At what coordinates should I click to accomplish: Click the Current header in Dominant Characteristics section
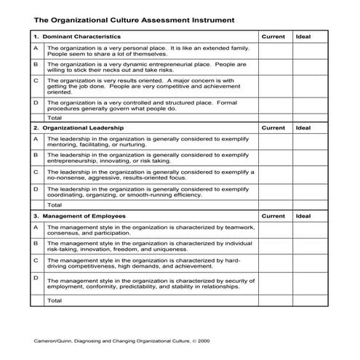pyautogui.click(x=273, y=36)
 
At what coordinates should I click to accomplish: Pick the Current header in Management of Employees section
pyautogui.click(x=273, y=216)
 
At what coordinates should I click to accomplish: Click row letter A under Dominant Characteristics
pyautogui.click(x=36, y=48)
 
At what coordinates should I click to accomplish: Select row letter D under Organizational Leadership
pyautogui.click(x=36, y=188)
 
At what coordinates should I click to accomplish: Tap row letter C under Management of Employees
pyautogui.click(x=36, y=258)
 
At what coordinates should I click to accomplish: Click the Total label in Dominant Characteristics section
pyautogui.click(x=55, y=117)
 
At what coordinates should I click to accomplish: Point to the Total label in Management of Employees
pyautogui.click(x=55, y=300)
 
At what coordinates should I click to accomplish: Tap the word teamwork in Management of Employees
pyautogui.click(x=236, y=227)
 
